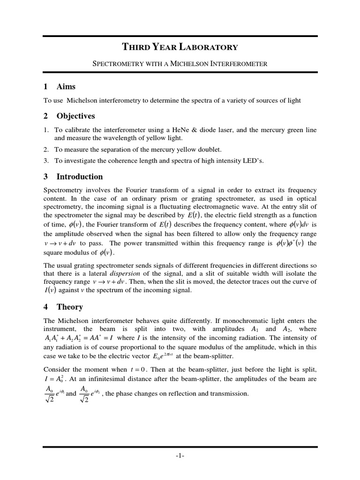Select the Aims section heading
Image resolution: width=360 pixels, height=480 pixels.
coord(66,87)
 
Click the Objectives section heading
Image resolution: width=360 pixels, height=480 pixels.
coord(76,116)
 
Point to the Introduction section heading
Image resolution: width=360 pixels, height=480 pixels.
coord(80,177)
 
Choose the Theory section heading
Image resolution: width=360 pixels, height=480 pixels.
coord(70,307)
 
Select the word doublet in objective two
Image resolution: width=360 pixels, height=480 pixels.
coord(208,150)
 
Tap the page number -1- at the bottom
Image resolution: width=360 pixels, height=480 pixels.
coord(180,455)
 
